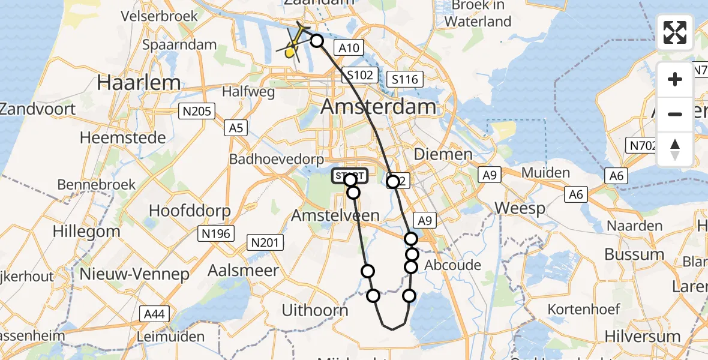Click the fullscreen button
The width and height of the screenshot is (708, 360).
coord(675,32)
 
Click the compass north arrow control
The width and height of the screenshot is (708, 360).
coord(675,149)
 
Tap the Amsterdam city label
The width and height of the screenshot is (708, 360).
coord(379,107)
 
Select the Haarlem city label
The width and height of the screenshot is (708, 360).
coord(139,83)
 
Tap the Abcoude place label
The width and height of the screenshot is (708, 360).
coord(452,265)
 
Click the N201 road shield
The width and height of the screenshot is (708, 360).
coord(265,242)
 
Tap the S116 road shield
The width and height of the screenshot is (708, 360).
coord(405,79)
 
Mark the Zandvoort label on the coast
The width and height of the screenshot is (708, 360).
coord(38,109)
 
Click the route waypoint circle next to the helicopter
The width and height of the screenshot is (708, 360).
coord(316,41)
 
